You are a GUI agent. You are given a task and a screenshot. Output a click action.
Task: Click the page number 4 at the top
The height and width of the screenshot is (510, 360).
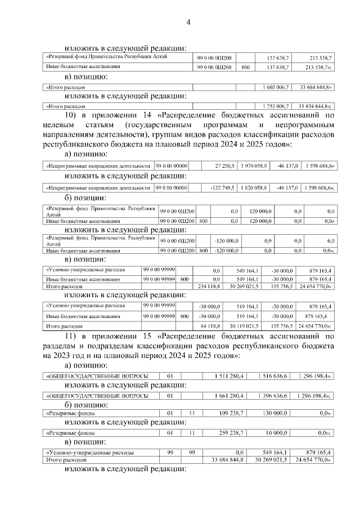coord(189,22)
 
